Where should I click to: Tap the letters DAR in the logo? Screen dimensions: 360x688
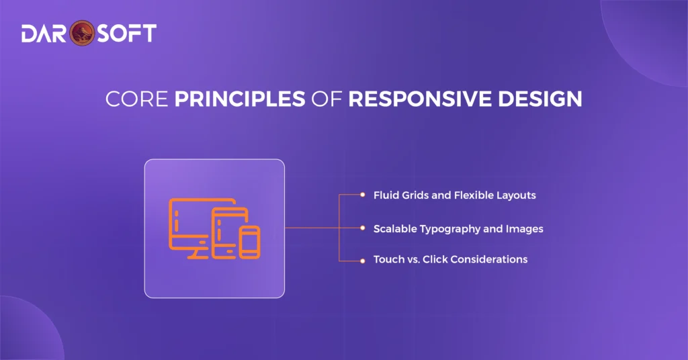(46, 33)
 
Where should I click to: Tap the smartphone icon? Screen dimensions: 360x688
(250, 242)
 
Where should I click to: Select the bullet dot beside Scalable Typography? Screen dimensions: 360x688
(362, 228)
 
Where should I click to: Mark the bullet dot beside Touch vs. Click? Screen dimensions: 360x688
(362, 259)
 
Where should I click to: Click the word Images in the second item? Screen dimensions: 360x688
(526, 229)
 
